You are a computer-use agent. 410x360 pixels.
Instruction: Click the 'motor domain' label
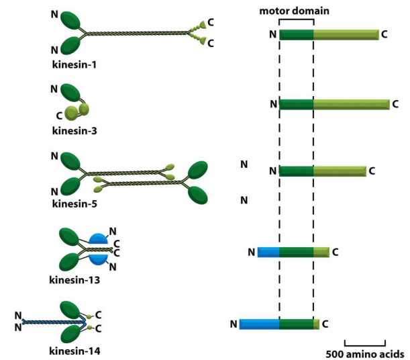(295, 11)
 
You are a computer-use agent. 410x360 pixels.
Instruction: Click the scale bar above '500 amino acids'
(364, 342)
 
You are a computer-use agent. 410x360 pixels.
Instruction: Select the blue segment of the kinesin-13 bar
(268, 252)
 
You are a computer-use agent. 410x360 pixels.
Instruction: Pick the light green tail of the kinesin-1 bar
(346, 34)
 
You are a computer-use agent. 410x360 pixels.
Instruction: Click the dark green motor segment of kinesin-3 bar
(296, 104)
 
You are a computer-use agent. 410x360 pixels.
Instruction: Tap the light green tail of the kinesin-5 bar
(339, 171)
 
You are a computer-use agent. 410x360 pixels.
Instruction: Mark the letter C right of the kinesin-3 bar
(395, 104)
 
